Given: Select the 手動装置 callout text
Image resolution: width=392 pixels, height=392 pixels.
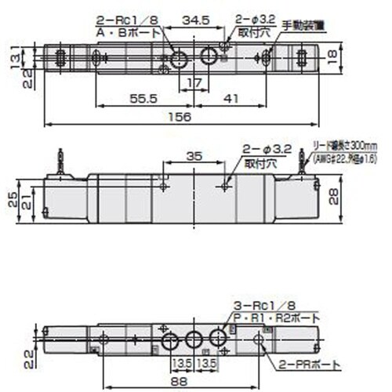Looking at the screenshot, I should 302,25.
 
